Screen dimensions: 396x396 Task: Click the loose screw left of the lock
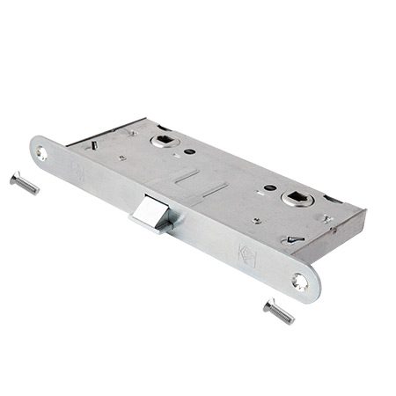tap(25, 183)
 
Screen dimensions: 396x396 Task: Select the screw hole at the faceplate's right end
tap(301, 281)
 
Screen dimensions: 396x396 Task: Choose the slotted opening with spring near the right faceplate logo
tap(292, 238)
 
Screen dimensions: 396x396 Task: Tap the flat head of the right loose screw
tap(268, 304)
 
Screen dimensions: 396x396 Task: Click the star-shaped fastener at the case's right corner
tap(326, 218)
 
